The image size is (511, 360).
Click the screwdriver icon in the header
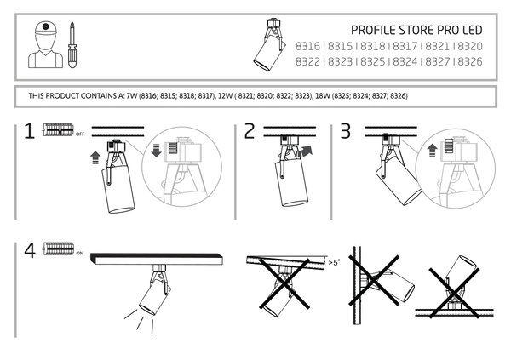tap(72, 45)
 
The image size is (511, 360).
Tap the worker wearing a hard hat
tap(45, 44)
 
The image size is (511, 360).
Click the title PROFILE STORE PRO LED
tap(416, 31)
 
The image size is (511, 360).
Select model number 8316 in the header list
tap(307, 46)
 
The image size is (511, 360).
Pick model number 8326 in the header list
tap(470, 61)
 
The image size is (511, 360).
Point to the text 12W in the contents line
tap(226, 96)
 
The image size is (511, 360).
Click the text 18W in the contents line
tap(323, 96)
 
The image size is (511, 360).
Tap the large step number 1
tap(29, 131)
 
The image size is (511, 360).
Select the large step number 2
tap(250, 131)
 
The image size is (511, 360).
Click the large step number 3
tap(346, 131)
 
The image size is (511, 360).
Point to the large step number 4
tap(30, 251)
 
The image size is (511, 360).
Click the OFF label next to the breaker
tap(80, 134)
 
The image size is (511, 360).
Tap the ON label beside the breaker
tap(80, 253)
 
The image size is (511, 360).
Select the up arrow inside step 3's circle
tap(432, 151)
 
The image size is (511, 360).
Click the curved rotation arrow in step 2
tap(304, 151)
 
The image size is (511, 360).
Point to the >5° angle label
tap(334, 262)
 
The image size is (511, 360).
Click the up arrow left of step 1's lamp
tap(95, 157)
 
